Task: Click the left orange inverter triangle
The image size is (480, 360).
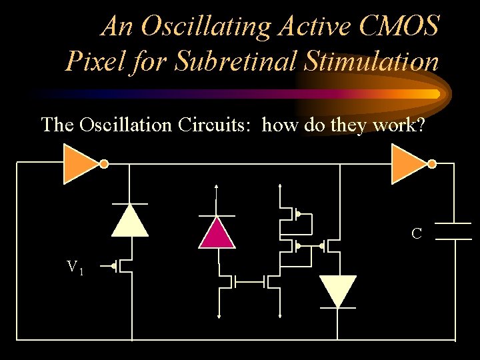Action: coord(80,164)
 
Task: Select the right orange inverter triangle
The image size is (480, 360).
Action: coord(407,164)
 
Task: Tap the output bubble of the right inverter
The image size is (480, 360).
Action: coord(431,164)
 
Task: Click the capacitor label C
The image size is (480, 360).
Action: coord(417,234)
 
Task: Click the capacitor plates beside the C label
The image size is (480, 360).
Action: coord(453,231)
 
